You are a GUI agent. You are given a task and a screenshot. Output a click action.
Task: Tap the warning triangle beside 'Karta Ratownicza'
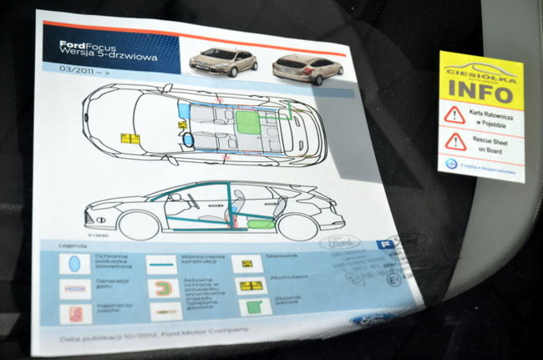click(454, 114)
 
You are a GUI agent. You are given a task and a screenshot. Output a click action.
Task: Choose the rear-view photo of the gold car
click(307, 68)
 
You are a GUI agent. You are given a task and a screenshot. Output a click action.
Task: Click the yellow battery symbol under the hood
click(130, 139)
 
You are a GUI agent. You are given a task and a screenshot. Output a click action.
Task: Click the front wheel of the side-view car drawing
click(140, 225)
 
